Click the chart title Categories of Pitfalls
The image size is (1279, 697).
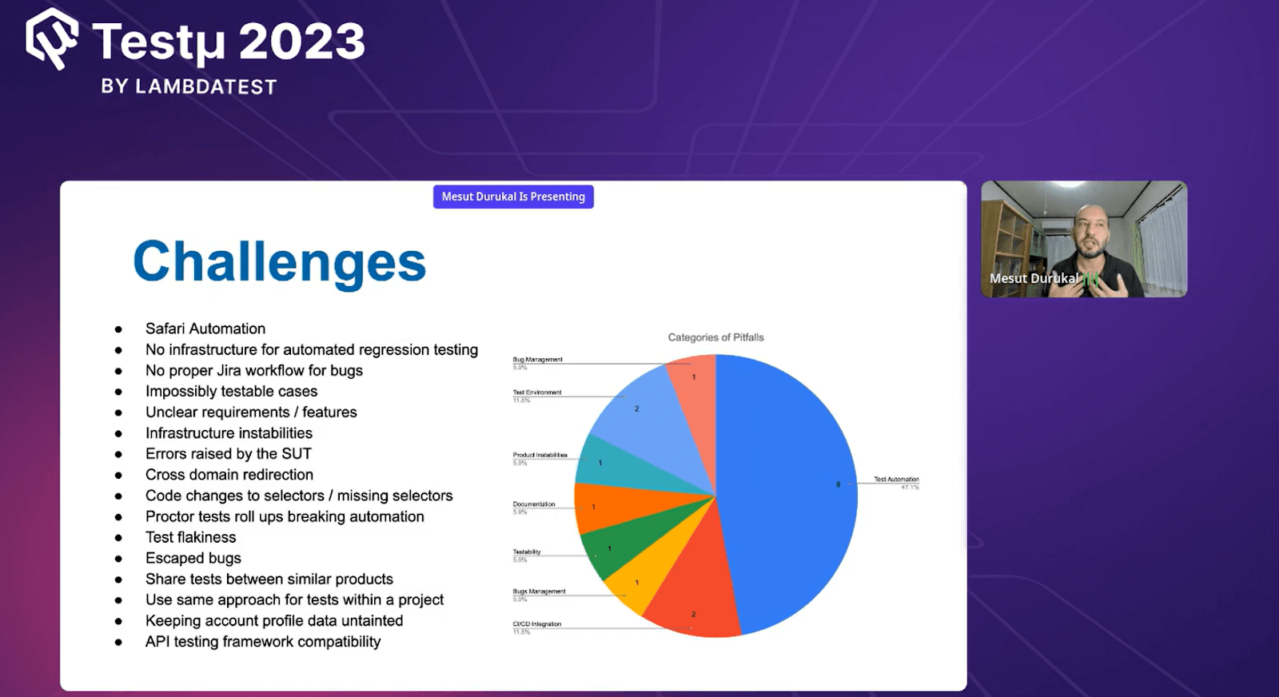pyautogui.click(x=715, y=337)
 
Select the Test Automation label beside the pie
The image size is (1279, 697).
pyautogui.click(x=896, y=480)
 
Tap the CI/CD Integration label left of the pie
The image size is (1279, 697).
pyautogui.click(x=537, y=624)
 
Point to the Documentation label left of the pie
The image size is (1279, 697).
pyautogui.click(x=534, y=504)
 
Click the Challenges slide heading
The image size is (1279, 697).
pyautogui.click(x=280, y=262)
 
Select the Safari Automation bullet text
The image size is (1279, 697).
pyautogui.click(x=205, y=329)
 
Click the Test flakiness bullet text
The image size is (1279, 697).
pyautogui.click(x=191, y=537)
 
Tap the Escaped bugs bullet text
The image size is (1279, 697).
pyautogui.click(x=193, y=558)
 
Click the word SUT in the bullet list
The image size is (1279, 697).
pyautogui.click(x=297, y=454)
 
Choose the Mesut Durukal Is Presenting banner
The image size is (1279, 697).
pyautogui.click(x=513, y=197)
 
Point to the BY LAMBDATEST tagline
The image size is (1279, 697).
pyautogui.click(x=189, y=86)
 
